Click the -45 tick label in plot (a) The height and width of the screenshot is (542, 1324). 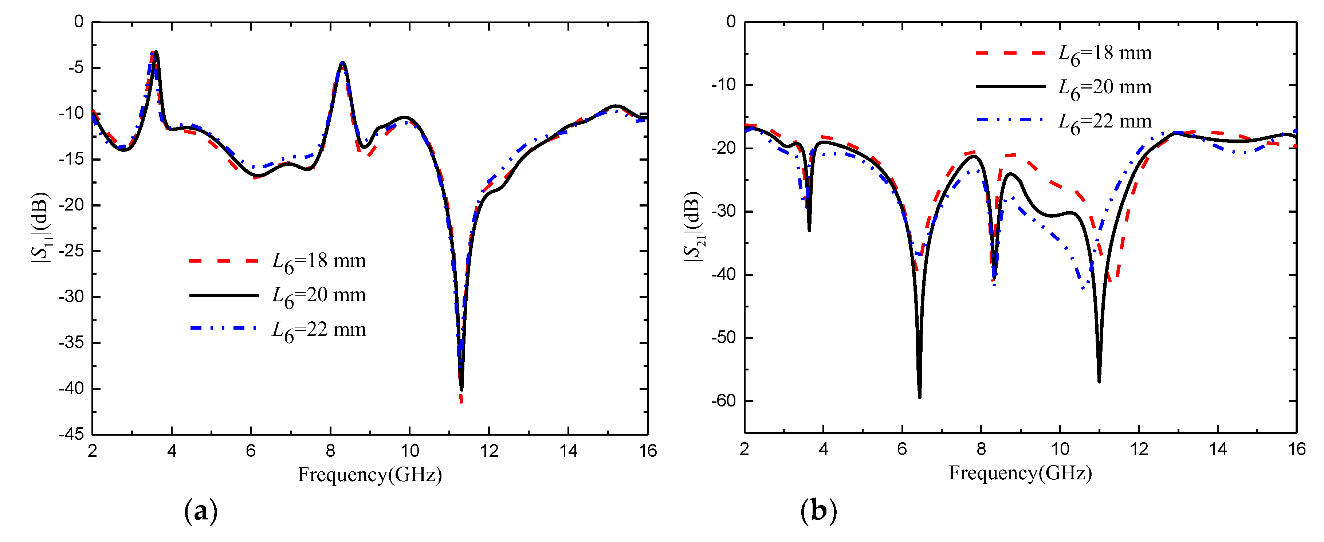pyautogui.click(x=71, y=435)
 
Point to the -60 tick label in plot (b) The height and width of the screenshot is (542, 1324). pyautogui.click(x=724, y=401)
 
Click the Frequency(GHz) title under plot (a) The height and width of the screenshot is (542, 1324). pyautogui.click(x=370, y=474)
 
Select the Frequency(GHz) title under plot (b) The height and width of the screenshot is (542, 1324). pyautogui.click(x=1020, y=472)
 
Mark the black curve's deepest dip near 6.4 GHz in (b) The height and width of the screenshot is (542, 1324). pyautogui.click(x=919, y=396)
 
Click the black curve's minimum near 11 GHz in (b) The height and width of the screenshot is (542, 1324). pyautogui.click(x=1099, y=381)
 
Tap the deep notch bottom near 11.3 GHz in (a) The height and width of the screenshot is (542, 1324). pyautogui.click(x=461, y=389)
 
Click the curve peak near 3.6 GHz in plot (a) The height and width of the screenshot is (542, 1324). pyautogui.click(x=156, y=52)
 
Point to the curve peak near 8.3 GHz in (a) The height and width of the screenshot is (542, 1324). pyautogui.click(x=342, y=63)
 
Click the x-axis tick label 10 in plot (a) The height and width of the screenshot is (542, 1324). pyautogui.click(x=410, y=451)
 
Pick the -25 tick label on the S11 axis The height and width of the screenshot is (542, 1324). pyautogui.click(x=71, y=251)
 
